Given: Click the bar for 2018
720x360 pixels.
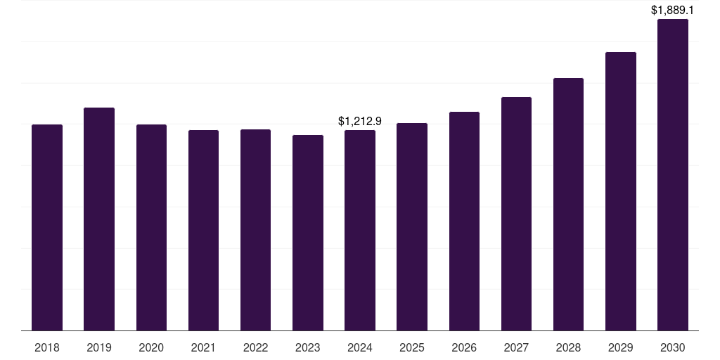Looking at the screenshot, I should pos(47,227).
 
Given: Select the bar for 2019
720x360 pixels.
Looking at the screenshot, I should pos(99,219).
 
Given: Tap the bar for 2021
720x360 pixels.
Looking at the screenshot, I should pos(203,230).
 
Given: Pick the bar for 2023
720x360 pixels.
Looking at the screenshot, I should pos(308,233).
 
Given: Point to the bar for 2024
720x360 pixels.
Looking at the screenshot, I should pos(360,230).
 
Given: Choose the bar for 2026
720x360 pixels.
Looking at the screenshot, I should pos(464,221).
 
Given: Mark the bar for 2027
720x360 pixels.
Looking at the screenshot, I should pos(516,214).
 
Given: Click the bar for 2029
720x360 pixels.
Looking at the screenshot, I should pos(621,191).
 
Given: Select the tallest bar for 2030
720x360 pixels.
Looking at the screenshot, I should pos(673,174).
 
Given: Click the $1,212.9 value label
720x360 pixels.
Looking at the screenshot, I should pos(360,121).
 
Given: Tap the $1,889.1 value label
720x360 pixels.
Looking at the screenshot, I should pos(673,11).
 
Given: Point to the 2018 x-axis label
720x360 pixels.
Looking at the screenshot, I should pos(47,347).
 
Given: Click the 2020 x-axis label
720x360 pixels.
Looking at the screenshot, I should pos(151,347).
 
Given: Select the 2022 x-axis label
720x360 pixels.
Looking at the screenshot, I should pos(255,347).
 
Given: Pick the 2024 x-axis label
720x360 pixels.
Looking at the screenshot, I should pos(360,347).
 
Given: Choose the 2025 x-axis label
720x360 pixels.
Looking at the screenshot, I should pos(412,347).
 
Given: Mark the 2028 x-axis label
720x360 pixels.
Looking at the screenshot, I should pos(568,347).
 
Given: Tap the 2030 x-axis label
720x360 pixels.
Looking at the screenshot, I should pos(673,347).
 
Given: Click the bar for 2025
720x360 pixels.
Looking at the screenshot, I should pos(412,226).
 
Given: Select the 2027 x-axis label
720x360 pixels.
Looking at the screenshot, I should pos(516,347).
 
